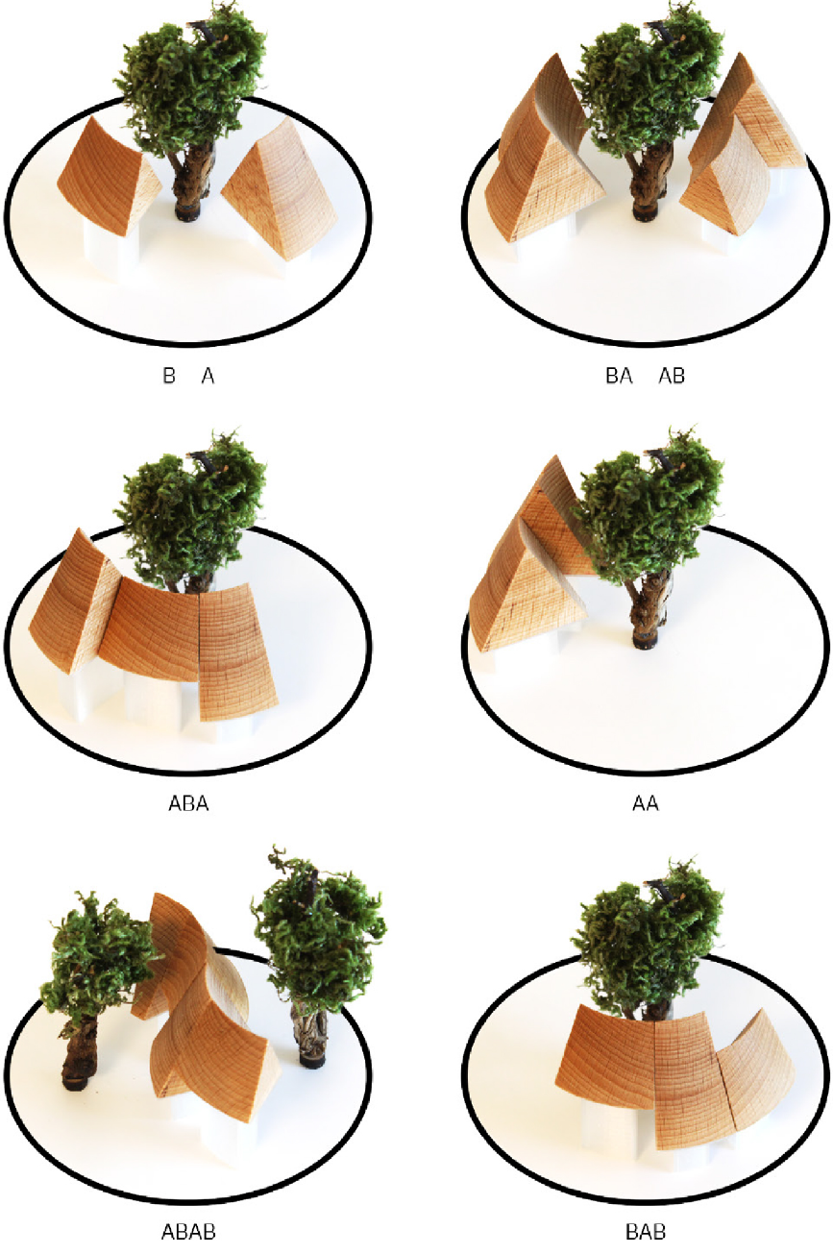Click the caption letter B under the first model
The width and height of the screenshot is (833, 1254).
coord(169,375)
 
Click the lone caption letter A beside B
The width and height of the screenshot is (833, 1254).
coord(208,375)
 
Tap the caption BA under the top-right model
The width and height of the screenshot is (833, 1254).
coord(619,375)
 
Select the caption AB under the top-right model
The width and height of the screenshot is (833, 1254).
coord(672,375)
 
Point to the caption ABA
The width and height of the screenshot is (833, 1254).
coord(188,803)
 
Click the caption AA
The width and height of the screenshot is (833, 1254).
coord(646,803)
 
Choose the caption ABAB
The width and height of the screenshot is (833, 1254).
coord(188,1232)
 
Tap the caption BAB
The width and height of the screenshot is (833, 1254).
coord(646,1232)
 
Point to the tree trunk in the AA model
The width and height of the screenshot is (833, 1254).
coord(649,610)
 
